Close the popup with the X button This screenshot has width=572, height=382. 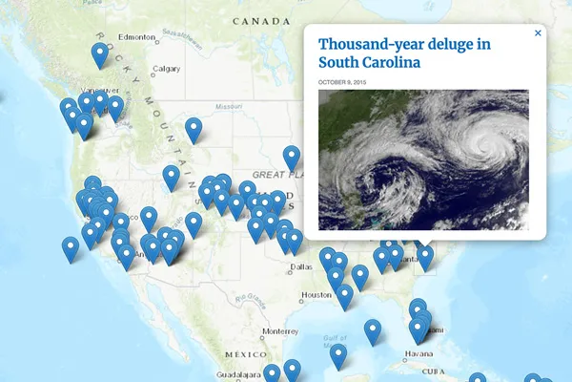538,33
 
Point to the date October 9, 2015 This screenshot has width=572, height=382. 340,83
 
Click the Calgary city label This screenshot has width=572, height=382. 166,69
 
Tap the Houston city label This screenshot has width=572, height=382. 316,295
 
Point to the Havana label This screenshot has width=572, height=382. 418,352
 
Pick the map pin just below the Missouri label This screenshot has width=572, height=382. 194,128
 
